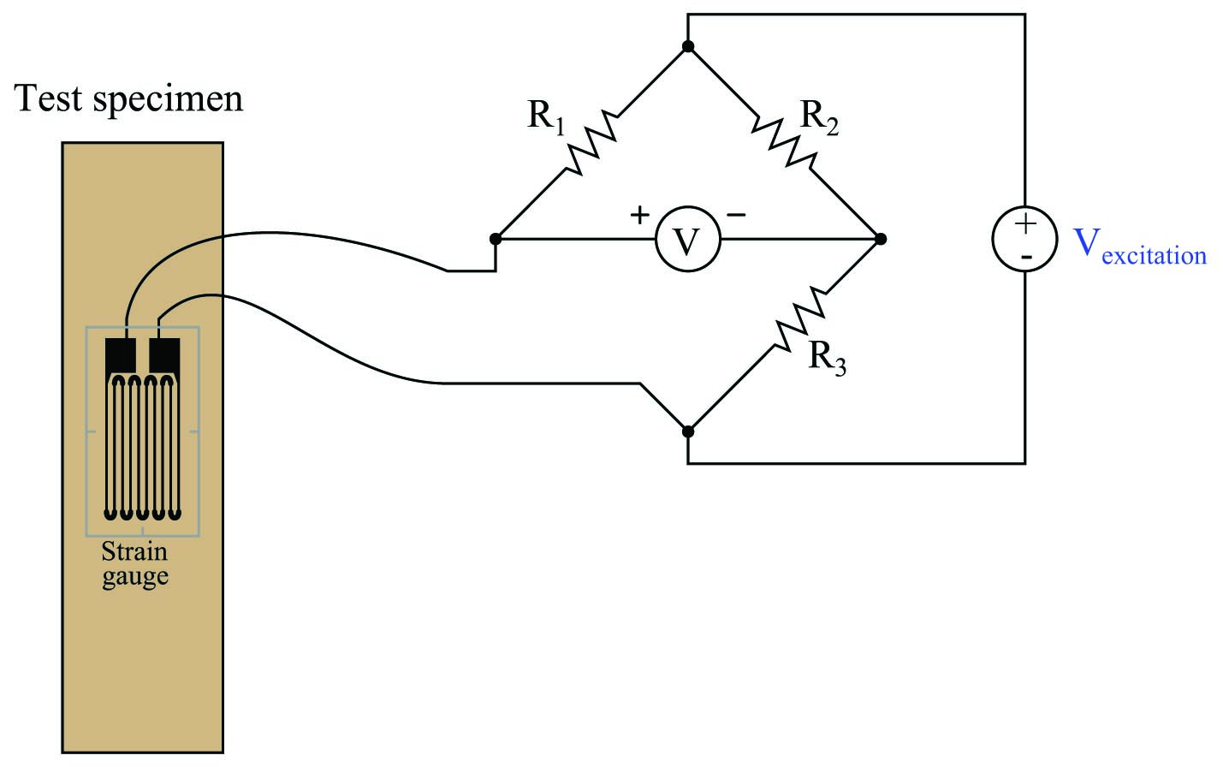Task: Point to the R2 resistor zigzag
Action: coord(784,142)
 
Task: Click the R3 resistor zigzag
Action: coord(800,318)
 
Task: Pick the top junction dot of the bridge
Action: coord(688,46)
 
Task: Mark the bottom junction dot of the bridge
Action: coord(688,431)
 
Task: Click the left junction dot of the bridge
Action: coord(496,239)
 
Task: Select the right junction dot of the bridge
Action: coord(880,239)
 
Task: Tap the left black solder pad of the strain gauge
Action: coord(120,355)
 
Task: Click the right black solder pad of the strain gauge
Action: coord(164,355)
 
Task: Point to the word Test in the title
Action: coord(49,98)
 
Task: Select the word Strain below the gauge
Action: coord(134,552)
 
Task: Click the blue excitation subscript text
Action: coord(1154,255)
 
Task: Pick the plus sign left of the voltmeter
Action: coord(640,215)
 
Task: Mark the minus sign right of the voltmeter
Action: coord(736,215)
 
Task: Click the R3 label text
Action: coord(827,358)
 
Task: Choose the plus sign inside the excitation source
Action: coord(1025,223)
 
